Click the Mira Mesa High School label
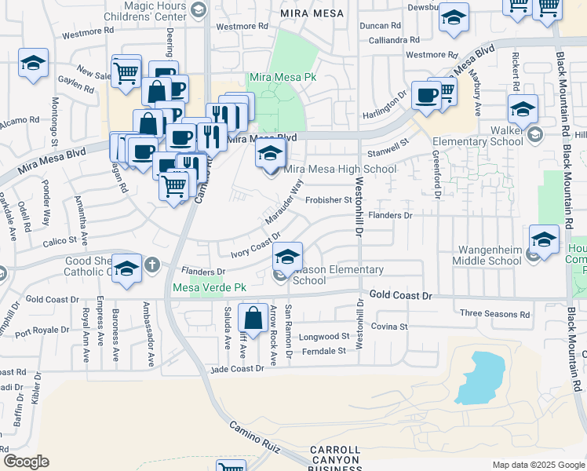340,169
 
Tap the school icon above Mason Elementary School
288,257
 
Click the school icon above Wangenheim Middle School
544,239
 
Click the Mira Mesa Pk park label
282,78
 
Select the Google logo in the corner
26,461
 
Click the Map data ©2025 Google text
538,465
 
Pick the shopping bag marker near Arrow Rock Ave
253,319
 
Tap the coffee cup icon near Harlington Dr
426,96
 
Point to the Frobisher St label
328,200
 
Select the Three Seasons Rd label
494,314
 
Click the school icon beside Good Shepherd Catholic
126,268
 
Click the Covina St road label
390,326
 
